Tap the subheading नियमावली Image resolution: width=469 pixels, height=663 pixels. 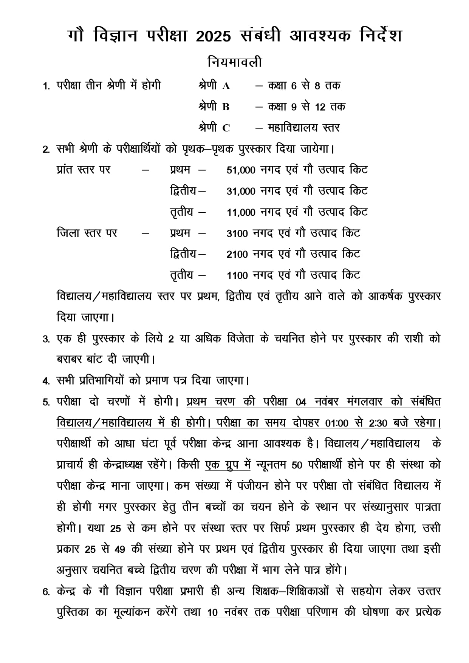[234, 62]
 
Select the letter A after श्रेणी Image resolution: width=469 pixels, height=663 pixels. [226, 86]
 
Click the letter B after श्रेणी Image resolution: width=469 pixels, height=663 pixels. [226, 107]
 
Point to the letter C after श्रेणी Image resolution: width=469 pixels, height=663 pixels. [226, 128]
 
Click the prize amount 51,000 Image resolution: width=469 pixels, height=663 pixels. [241, 170]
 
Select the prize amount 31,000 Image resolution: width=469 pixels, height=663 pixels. [241, 192]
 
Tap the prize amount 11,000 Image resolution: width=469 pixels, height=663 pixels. [241, 213]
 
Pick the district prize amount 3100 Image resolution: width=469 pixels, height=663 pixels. [237, 234]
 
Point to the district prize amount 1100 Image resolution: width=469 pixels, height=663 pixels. [237, 276]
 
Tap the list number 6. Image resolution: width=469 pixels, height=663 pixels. [46, 592]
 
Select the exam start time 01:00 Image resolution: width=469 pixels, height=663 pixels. [336, 423]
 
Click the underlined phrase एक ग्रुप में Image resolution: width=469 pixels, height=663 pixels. [228, 465]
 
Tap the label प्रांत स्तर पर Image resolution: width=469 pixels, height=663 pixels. [84, 170]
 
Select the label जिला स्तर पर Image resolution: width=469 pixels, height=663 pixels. [87, 233]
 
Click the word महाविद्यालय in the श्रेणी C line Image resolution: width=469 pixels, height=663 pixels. [293, 128]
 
